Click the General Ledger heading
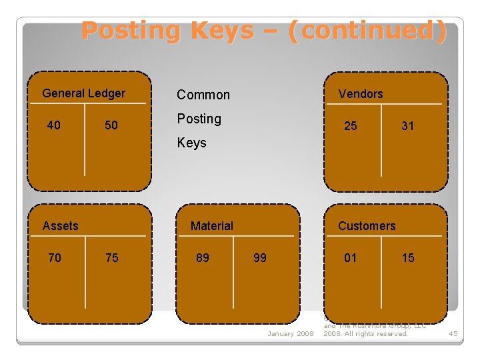(x=83, y=93)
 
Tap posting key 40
(x=54, y=125)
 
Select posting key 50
(x=111, y=125)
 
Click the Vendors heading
(x=360, y=94)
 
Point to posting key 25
(x=350, y=125)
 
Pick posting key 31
(x=407, y=125)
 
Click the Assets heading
(x=60, y=226)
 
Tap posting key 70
(x=54, y=257)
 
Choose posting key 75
(x=111, y=257)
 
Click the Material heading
(x=211, y=226)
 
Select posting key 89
(x=202, y=257)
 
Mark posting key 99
(x=259, y=257)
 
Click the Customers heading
(x=366, y=226)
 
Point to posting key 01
(x=350, y=257)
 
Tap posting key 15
(x=407, y=257)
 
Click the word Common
(x=203, y=95)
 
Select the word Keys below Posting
(x=191, y=143)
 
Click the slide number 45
(x=453, y=333)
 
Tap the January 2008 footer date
(x=290, y=333)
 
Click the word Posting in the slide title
(x=131, y=31)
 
